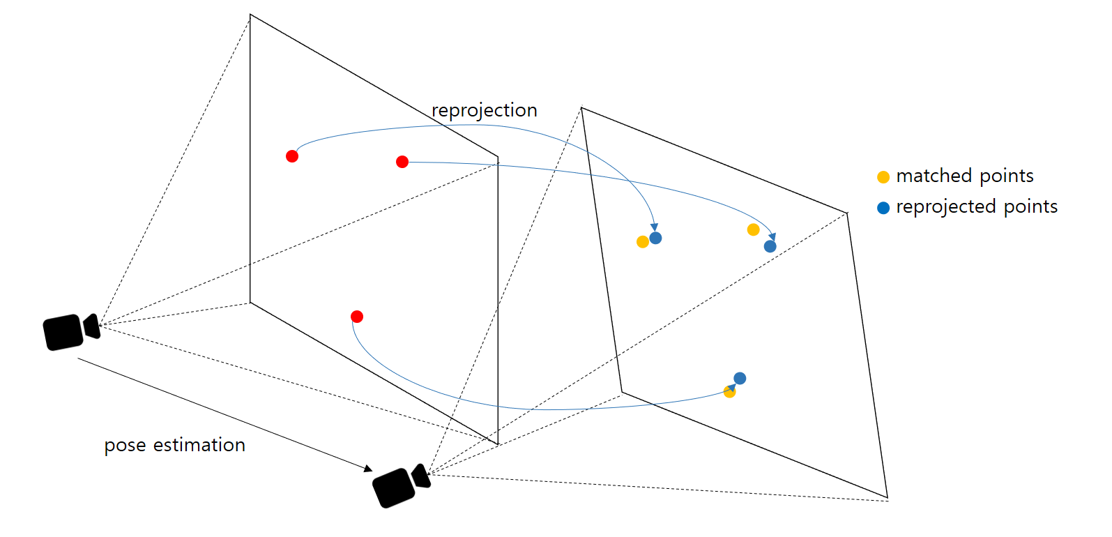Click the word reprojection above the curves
484,110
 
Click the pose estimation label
174,445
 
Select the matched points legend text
964,176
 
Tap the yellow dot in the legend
883,177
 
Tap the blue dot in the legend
883,208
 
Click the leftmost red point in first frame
292,156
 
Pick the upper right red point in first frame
402,162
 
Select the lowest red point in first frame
357,317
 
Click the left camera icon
70,331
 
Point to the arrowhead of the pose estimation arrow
369,469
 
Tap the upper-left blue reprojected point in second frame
655,238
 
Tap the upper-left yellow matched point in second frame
643,242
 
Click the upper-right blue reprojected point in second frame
770,246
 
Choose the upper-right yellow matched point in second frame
753,229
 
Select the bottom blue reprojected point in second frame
740,378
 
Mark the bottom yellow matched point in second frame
729,392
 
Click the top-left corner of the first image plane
250,15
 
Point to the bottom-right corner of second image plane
887,498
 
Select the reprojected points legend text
976,207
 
